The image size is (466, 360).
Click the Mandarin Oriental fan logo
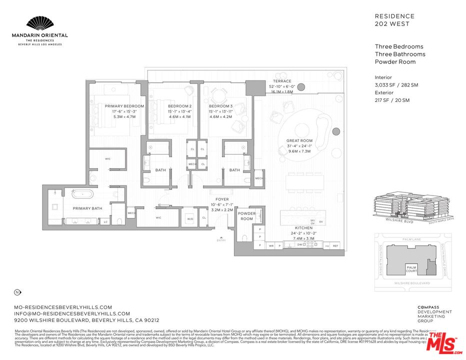click(39, 23)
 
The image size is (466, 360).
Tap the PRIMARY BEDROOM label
click(124, 106)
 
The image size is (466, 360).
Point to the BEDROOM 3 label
click(221, 106)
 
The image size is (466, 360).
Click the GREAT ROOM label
click(299, 141)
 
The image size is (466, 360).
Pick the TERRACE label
click(282, 81)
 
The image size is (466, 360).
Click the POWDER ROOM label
click(246, 216)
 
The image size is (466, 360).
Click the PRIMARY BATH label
click(87, 208)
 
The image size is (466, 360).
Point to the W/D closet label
click(190, 218)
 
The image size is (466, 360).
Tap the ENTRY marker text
click(221, 240)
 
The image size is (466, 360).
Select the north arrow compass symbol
click(17, 292)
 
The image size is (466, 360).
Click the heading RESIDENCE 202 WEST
click(394, 20)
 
